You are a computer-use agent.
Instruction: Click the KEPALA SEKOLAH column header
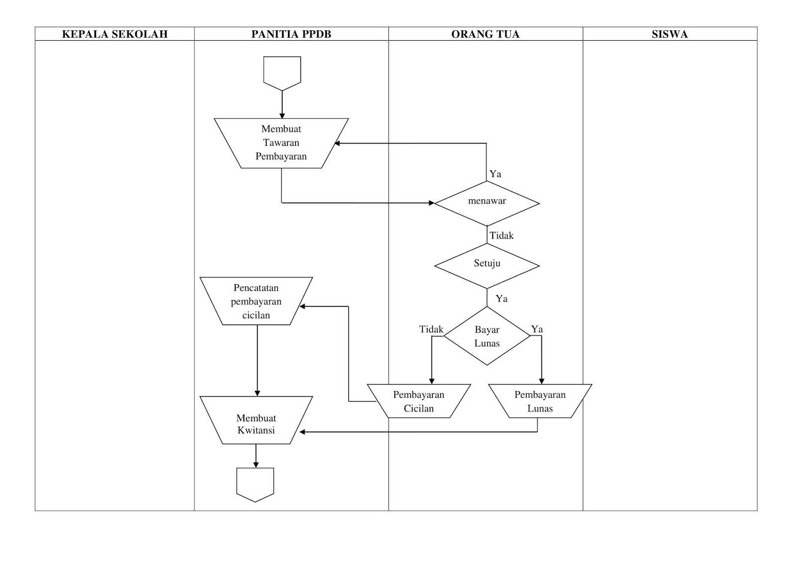point(114,34)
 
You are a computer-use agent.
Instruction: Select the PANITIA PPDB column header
point(291,34)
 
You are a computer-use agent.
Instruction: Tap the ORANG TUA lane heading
point(485,34)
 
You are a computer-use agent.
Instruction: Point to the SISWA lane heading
point(670,34)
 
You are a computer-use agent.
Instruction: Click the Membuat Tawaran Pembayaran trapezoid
point(281,143)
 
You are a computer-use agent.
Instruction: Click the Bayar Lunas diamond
point(487,336)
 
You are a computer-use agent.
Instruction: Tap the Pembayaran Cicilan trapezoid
point(418,401)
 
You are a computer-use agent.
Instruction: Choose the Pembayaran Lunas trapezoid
point(540,401)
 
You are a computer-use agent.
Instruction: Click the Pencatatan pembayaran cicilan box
point(256,301)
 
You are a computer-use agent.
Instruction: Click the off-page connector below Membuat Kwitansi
point(255,484)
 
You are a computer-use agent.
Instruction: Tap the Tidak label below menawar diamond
point(501,235)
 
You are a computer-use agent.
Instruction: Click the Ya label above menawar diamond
point(496,174)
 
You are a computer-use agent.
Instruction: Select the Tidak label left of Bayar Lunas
point(431,329)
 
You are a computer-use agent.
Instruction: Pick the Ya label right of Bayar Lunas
point(537,329)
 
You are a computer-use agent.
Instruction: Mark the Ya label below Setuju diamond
point(501,299)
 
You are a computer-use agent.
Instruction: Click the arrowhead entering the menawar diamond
point(431,203)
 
